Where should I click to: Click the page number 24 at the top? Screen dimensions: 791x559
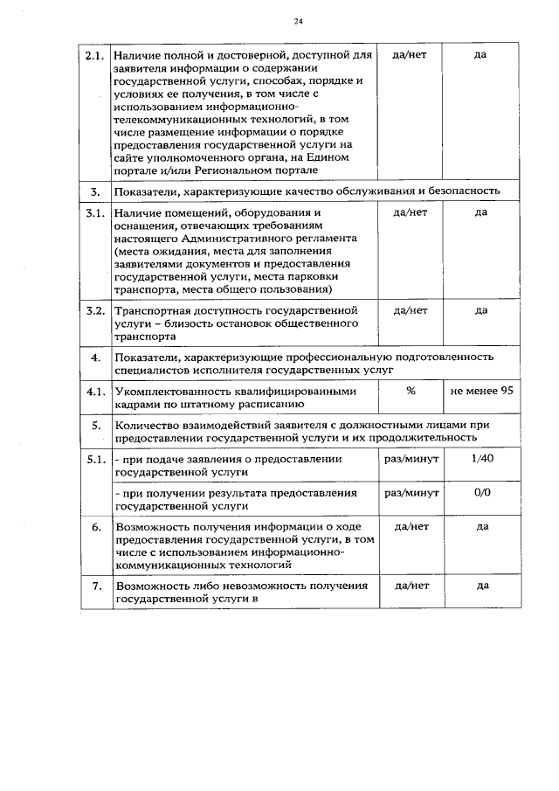(299, 20)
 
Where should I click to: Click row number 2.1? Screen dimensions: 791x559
(95, 55)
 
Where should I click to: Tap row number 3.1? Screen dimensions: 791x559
(95, 212)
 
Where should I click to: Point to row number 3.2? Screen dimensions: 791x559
(95, 310)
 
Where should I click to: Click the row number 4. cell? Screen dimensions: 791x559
(95, 357)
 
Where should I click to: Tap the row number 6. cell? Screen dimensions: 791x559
(95, 527)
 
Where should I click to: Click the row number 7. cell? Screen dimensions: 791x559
(95, 586)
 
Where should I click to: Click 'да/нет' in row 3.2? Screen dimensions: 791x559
(410, 310)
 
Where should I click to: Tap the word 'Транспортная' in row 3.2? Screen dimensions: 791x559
(150, 310)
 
